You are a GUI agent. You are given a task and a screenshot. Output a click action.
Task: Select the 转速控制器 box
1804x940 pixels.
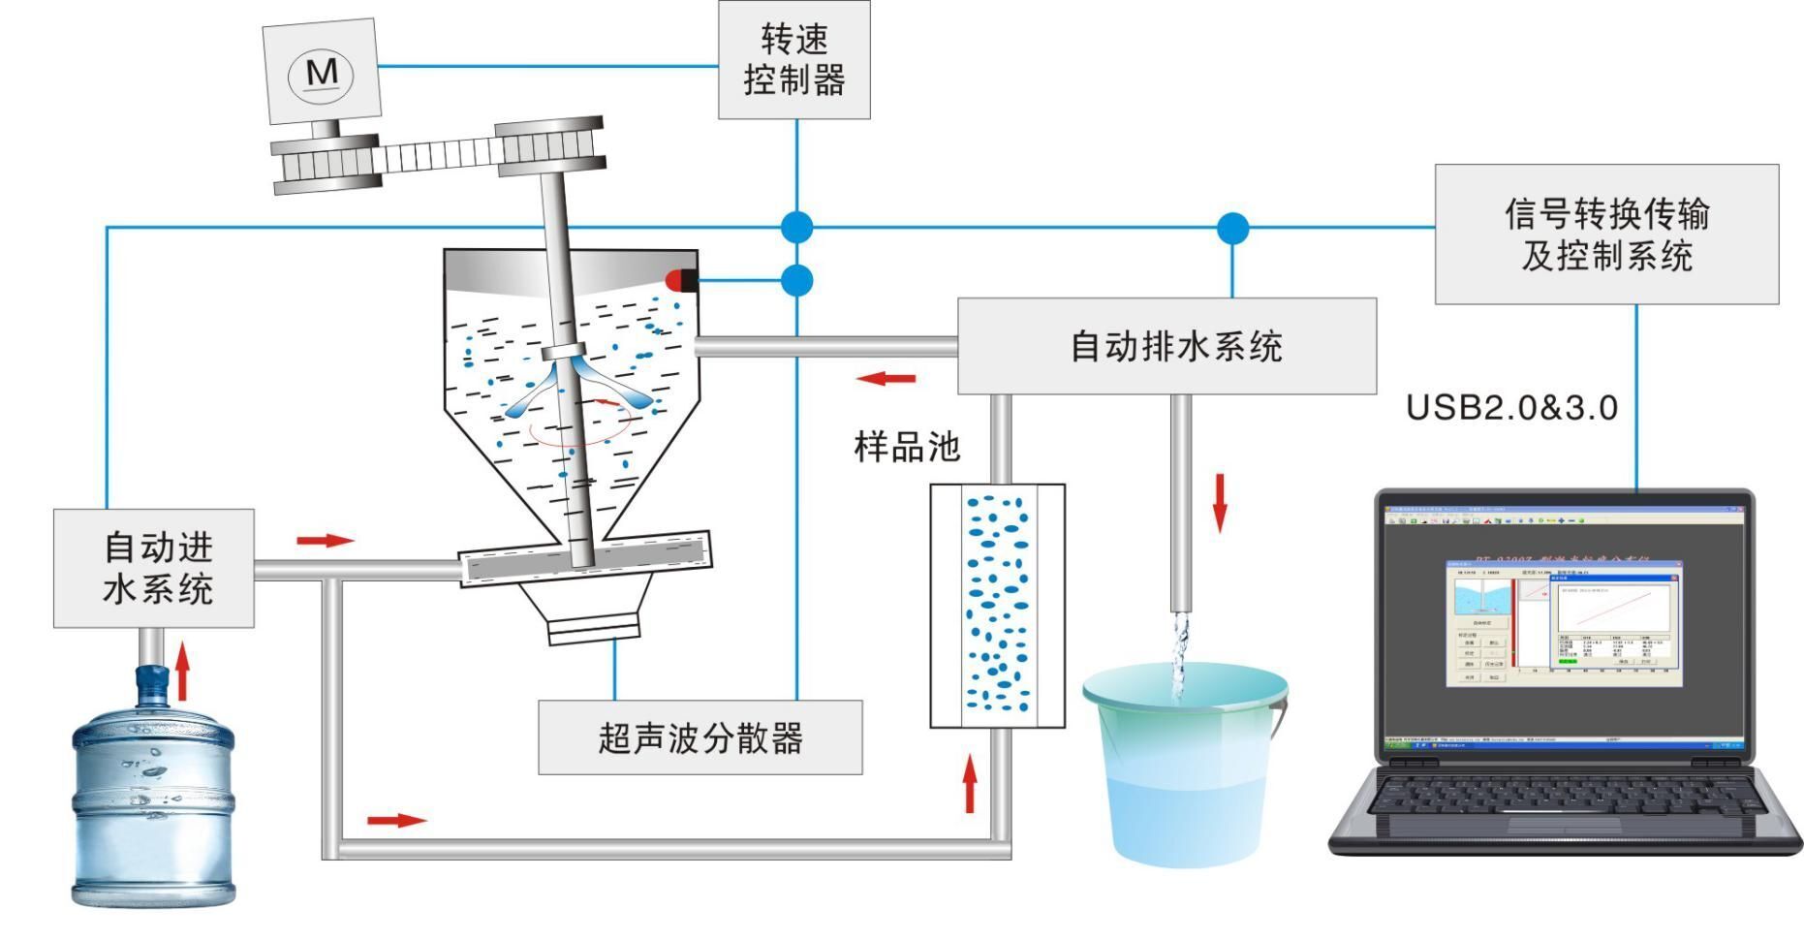793,60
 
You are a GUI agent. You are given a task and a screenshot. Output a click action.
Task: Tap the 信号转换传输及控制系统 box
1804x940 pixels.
1605,235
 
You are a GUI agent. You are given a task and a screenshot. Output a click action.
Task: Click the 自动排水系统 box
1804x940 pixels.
1166,346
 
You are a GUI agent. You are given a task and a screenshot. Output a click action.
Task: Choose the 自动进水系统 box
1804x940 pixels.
154,569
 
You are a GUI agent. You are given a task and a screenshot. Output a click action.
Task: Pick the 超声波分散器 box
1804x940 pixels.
700,738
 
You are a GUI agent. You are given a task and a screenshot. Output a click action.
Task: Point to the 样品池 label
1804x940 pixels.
906,447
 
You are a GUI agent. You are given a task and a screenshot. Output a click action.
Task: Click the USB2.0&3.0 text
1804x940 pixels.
1511,408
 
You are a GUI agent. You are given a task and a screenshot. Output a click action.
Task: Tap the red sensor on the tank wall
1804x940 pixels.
678,281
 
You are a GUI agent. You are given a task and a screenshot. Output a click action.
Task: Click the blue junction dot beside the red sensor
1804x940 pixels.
796,281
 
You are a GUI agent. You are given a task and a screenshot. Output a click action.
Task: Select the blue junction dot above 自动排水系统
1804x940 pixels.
1232,229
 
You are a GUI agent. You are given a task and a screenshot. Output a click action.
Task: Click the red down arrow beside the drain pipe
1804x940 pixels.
1220,502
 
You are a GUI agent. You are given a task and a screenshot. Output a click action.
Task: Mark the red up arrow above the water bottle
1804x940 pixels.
182,670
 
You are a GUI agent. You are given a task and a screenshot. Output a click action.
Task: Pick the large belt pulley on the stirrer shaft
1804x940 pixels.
549,148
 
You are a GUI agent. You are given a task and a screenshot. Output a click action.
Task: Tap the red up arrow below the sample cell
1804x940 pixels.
970,785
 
